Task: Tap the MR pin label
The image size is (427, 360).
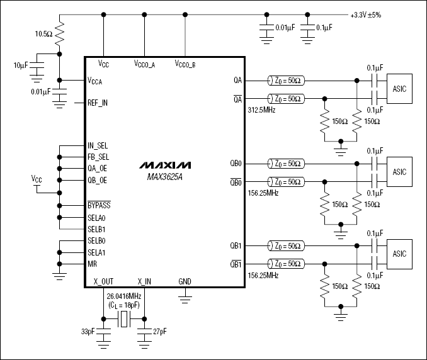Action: pos(92,264)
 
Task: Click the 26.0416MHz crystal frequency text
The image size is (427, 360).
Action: pos(125,295)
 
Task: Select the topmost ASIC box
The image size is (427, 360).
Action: pos(399,89)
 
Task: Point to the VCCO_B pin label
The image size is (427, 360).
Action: pos(185,64)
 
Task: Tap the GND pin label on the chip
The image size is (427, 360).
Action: pos(185,281)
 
